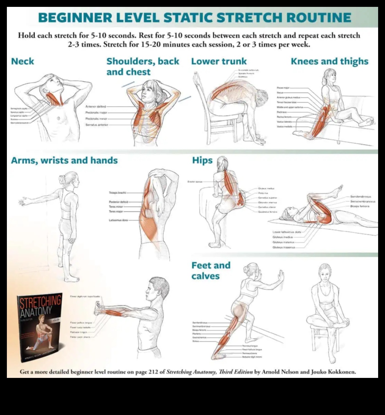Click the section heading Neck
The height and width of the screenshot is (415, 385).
click(x=22, y=61)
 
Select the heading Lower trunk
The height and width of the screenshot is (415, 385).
click(x=219, y=61)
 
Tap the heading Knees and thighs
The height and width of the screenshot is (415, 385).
click(x=329, y=61)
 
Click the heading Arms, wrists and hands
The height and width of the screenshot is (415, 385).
click(x=64, y=160)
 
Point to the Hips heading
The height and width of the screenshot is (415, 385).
click(x=202, y=160)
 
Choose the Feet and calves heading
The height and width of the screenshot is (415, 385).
click(x=211, y=270)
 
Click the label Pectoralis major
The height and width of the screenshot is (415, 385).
click(x=96, y=113)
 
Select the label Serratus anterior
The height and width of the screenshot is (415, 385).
click(x=97, y=125)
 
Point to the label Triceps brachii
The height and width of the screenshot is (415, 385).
click(x=117, y=193)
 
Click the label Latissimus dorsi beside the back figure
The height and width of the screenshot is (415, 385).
click(x=118, y=220)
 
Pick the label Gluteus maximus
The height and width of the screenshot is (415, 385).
click(x=284, y=247)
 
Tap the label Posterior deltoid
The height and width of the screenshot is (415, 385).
click(x=118, y=202)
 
